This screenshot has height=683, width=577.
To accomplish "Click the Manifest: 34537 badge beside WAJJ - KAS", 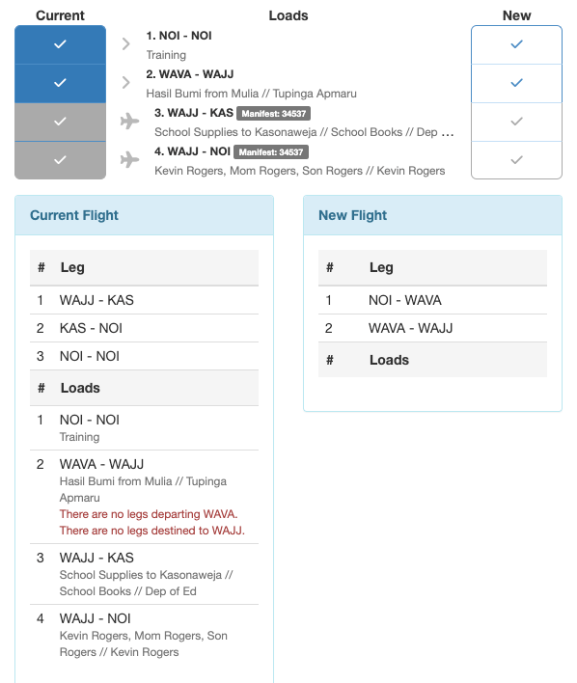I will pyautogui.click(x=273, y=113).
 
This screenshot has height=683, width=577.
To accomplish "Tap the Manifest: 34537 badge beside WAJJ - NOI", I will pyautogui.click(x=271, y=151).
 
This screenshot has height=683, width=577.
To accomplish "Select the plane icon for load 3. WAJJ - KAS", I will pyautogui.click(x=129, y=121).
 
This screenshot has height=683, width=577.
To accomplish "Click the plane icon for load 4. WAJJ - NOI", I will pyautogui.click(x=129, y=159).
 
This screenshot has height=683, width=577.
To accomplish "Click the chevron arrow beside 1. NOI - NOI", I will pyautogui.click(x=126, y=43).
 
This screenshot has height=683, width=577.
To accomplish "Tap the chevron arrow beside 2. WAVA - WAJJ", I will pyautogui.click(x=126, y=82).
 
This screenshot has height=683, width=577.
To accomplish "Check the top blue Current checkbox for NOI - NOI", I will pyautogui.click(x=60, y=44).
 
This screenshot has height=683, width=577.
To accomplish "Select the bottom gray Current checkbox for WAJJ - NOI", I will pyautogui.click(x=60, y=159).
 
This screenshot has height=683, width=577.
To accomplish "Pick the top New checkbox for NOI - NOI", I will pyautogui.click(x=516, y=44).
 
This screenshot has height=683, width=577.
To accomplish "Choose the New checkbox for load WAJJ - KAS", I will pyautogui.click(x=516, y=121).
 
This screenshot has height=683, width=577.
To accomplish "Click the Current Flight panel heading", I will pyautogui.click(x=74, y=215).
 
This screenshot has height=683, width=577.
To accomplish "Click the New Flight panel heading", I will pyautogui.click(x=352, y=215).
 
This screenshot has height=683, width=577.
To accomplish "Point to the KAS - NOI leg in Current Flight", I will pyautogui.click(x=91, y=328).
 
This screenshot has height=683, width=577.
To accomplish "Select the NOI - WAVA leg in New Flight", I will pyautogui.click(x=404, y=300).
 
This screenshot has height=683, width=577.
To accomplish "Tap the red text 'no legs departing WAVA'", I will pyautogui.click(x=149, y=514).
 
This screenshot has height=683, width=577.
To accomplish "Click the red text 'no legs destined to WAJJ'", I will pyautogui.click(x=152, y=531).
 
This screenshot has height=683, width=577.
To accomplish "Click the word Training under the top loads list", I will pyautogui.click(x=166, y=55).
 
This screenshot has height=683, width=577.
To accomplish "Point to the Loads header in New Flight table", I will pyautogui.click(x=389, y=360).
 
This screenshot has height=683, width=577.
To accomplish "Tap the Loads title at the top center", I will pyautogui.click(x=288, y=15).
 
